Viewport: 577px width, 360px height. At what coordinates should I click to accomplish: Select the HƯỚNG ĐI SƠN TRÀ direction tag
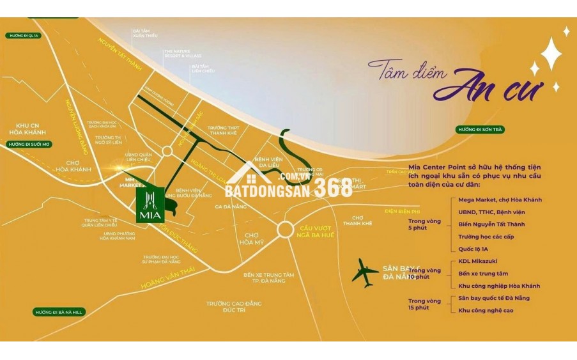[x=481, y=129]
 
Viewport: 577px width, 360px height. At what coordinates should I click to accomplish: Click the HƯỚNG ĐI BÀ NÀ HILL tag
[x=60, y=311]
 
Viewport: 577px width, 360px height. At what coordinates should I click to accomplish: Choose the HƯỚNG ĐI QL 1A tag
[x=24, y=36]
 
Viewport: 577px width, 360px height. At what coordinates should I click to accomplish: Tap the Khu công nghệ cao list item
[x=486, y=310]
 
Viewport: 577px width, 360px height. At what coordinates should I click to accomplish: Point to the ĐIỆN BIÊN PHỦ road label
[x=402, y=210]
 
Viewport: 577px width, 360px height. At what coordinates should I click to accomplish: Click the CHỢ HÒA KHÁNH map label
[x=73, y=166]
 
